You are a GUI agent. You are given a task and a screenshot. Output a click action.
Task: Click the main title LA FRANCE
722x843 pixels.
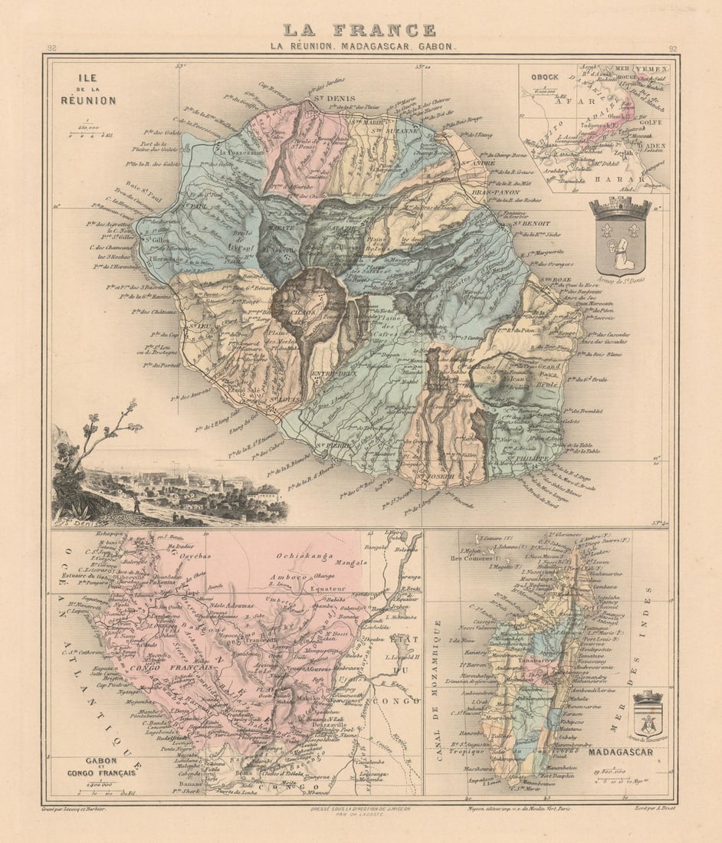[359, 30]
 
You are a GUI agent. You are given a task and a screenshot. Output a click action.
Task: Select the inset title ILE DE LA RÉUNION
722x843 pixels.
[89, 89]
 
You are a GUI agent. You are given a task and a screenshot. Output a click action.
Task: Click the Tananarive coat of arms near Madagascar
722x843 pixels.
[648, 716]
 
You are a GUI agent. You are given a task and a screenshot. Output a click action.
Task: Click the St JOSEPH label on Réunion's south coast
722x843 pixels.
[439, 476]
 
